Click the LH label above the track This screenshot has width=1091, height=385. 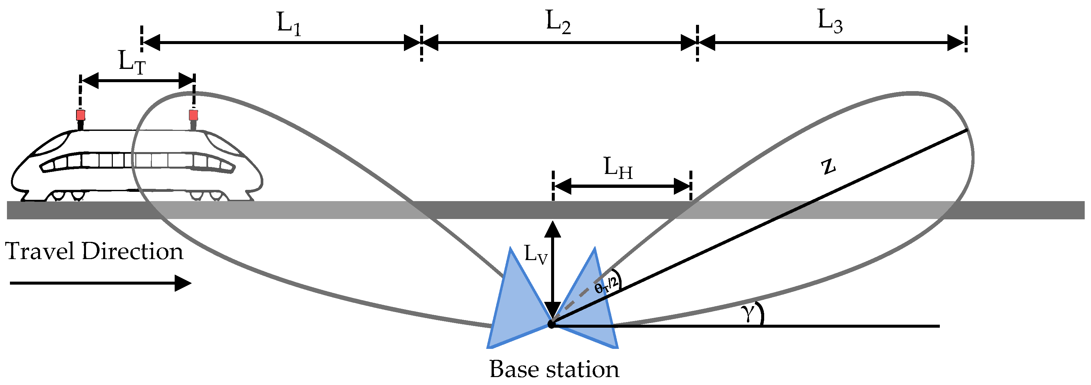[x=618, y=168]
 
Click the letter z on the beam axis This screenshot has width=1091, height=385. [x=828, y=166]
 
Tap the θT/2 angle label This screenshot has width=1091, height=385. [x=606, y=285]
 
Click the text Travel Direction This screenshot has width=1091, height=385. [x=94, y=251]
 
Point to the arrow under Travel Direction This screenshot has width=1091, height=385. [x=100, y=283]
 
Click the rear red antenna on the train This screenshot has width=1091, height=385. [x=80, y=115]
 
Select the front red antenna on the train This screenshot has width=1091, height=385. [x=194, y=115]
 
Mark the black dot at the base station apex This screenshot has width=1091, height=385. [x=551, y=324]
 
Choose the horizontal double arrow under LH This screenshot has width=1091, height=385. [x=622, y=186]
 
